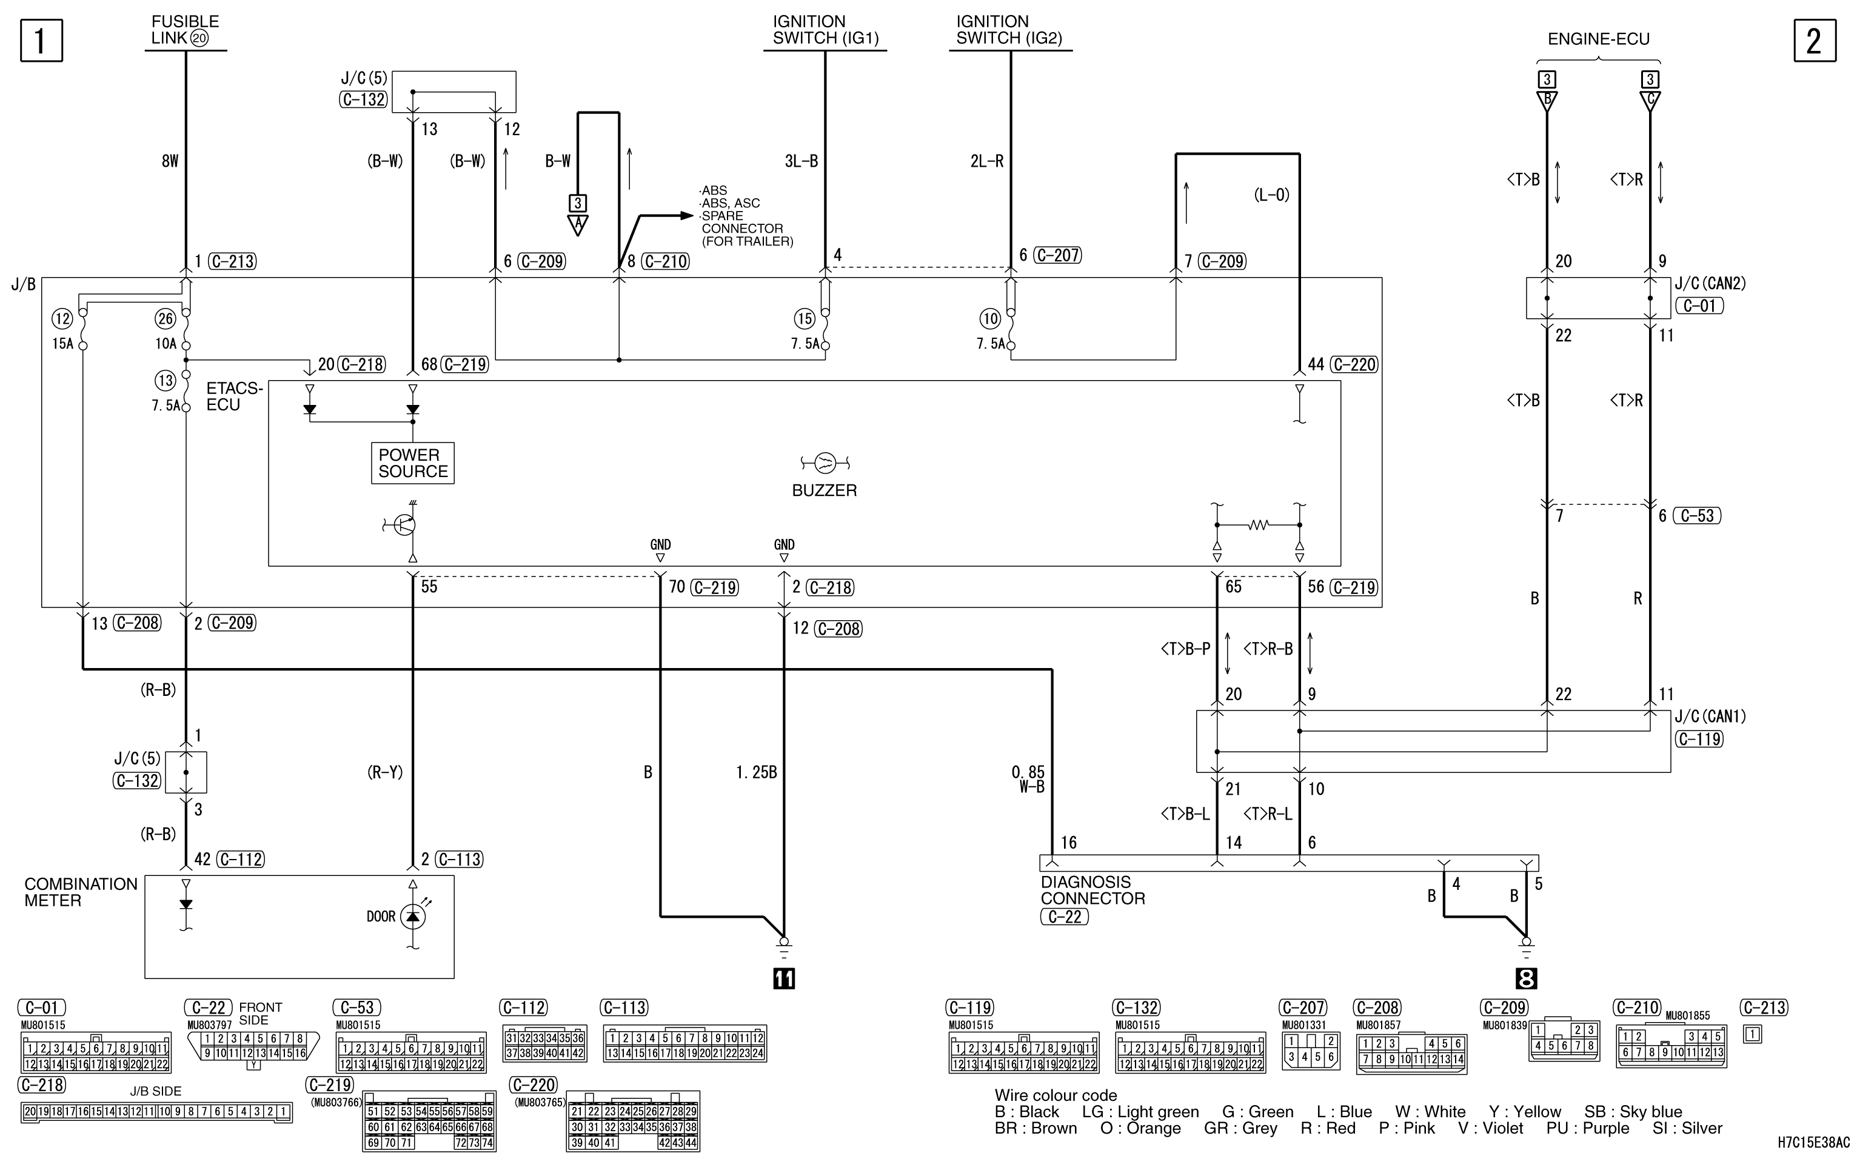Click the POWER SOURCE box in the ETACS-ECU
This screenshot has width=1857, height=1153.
click(x=413, y=463)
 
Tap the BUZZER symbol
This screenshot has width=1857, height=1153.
click(x=825, y=462)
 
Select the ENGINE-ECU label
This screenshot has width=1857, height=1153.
click(x=1599, y=39)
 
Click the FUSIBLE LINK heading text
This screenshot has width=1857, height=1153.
click(x=186, y=30)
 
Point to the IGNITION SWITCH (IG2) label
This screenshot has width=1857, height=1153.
click(x=1009, y=30)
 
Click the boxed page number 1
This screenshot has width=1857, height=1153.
click(x=41, y=41)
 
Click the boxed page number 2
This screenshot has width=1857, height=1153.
click(x=1815, y=41)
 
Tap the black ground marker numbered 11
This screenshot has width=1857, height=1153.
click(x=784, y=978)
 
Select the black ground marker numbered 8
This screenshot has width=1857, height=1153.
click(x=1526, y=978)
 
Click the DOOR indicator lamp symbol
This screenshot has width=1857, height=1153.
click(x=413, y=916)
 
